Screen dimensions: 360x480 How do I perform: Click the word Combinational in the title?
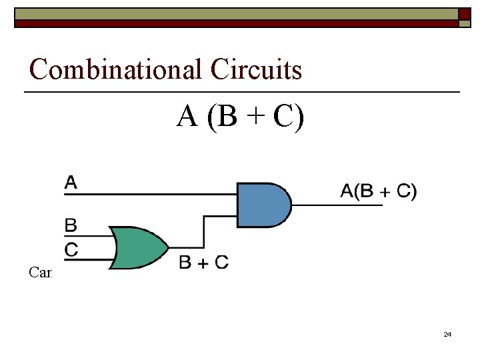click(x=116, y=69)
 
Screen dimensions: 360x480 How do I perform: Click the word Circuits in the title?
click(x=255, y=69)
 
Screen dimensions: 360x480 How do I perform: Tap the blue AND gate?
click(x=263, y=205)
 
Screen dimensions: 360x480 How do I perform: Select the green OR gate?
click(x=139, y=247)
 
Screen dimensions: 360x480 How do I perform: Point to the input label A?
click(x=71, y=181)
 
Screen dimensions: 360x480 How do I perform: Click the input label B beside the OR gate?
click(x=71, y=225)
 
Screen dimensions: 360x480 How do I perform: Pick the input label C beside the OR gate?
click(x=71, y=249)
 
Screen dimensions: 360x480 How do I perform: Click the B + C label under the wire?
click(x=203, y=263)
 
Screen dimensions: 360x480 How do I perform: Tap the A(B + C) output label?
click(x=378, y=191)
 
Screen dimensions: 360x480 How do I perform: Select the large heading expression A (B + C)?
click(x=240, y=117)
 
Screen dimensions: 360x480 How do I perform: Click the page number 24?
click(x=447, y=334)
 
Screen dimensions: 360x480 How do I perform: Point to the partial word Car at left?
click(x=41, y=272)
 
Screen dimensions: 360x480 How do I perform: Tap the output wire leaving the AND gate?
click(x=337, y=205)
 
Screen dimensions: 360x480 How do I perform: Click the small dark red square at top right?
click(x=464, y=13)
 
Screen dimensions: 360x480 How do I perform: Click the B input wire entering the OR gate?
click(x=90, y=236)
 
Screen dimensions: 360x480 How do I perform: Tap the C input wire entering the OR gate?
click(x=90, y=259)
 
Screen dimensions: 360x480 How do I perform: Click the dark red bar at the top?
click(x=233, y=23)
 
